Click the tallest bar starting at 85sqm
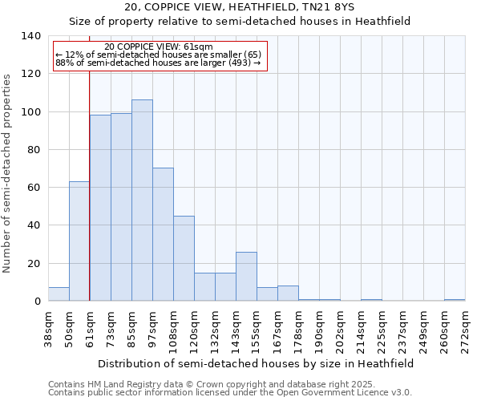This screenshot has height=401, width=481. coord(142,200)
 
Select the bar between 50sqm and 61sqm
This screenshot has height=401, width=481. coord(79,241)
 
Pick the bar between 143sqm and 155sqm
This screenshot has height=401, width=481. coord(246,277)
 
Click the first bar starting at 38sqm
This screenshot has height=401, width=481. coord(59,294)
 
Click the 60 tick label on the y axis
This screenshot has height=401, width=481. coord(33,188)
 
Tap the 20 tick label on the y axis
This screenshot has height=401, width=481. coord(33,263)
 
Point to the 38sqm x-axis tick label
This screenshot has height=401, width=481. coord(48,330)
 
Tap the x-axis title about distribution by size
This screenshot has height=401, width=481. coord(256,363)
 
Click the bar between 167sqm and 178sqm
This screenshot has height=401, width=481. coord(288,294)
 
